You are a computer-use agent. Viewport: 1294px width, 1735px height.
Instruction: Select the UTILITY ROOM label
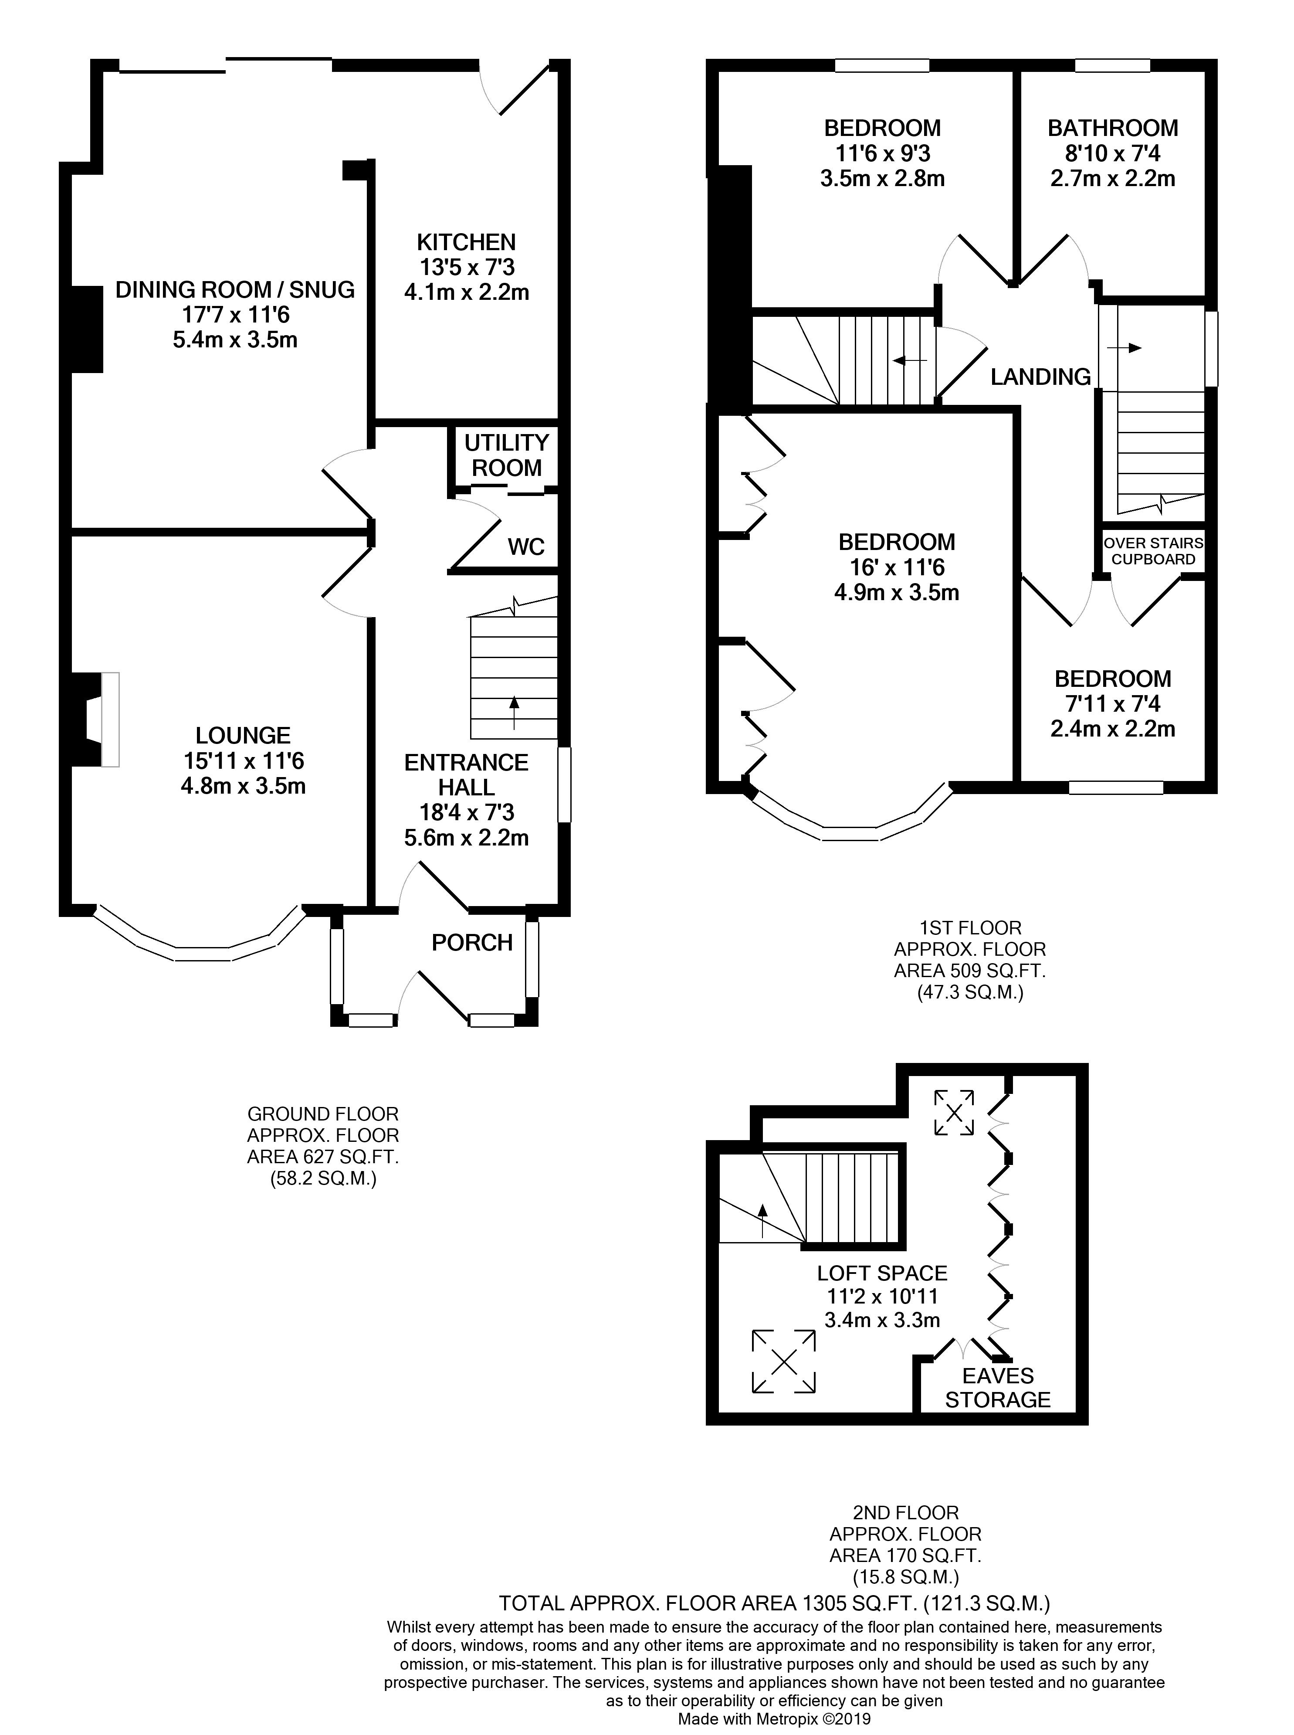tap(507, 455)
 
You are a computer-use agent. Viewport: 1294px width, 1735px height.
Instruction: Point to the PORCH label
tap(472, 942)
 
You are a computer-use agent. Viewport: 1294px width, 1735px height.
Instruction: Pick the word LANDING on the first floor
tap(1040, 377)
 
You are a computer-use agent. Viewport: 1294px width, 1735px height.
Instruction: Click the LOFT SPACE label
tap(882, 1273)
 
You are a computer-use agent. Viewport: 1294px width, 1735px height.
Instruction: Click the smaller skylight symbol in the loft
tap(954, 1112)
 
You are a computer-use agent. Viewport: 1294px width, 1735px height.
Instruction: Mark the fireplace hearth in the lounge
tap(110, 719)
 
